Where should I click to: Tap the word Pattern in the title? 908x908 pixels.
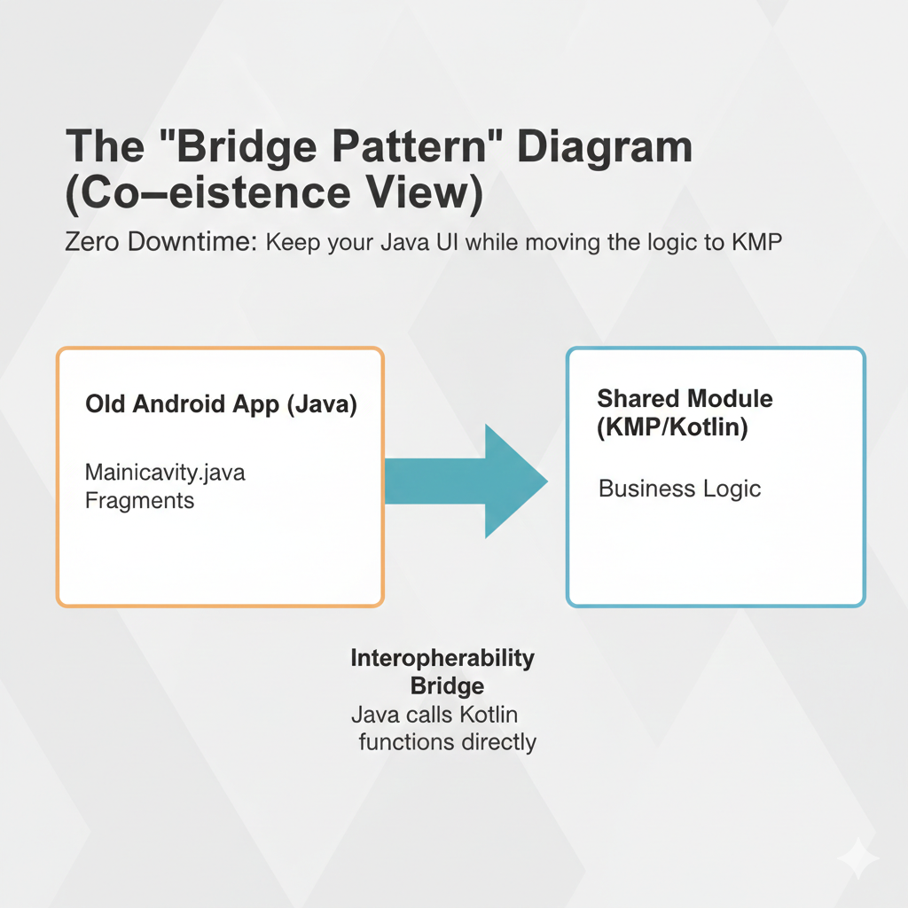[x=410, y=146]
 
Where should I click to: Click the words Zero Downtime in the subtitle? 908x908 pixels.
[x=160, y=241]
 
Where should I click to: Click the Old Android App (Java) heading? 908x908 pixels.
[x=221, y=404]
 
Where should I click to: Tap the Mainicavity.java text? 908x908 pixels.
[x=165, y=473]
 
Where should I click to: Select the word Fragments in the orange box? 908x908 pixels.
[x=139, y=501]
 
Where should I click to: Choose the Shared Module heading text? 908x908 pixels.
[x=685, y=398]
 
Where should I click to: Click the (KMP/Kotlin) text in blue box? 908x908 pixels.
[x=672, y=427]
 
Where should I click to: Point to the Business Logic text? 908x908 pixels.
[x=679, y=489]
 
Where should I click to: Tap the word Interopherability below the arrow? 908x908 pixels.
[x=442, y=659]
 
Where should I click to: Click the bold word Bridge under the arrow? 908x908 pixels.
[x=447, y=685]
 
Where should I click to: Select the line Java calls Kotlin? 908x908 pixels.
[x=434, y=715]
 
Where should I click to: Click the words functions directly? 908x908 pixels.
[x=447, y=742]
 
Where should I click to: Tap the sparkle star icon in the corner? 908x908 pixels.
[x=858, y=859]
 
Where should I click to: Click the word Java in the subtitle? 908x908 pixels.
[x=404, y=242]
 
